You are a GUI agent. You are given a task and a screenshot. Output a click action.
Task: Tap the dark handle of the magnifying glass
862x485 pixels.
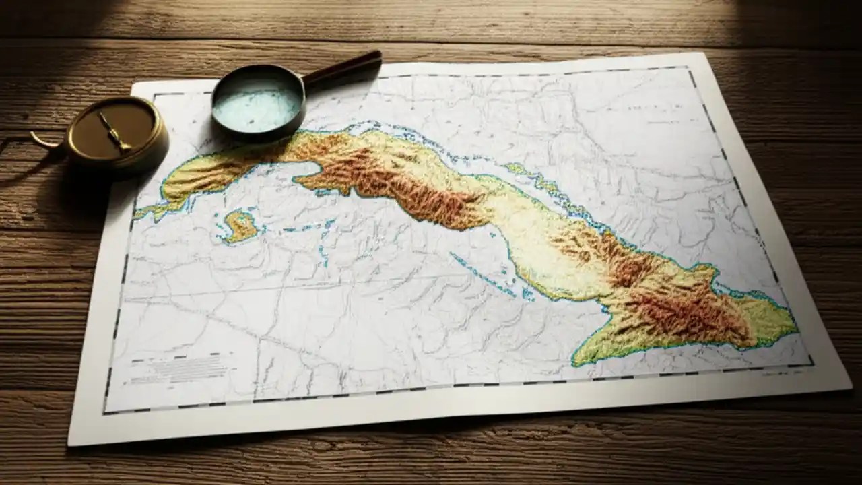(345, 68)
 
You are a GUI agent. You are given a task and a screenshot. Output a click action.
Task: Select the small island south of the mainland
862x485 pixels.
(240, 226)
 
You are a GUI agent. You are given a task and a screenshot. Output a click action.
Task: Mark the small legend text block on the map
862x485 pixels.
(178, 369)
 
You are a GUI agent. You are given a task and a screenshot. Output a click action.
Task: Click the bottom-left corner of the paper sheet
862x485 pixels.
(69, 445)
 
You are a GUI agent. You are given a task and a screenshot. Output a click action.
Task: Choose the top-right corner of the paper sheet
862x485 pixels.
(704, 54)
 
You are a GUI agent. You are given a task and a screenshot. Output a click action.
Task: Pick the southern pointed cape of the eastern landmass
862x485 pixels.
(576, 364)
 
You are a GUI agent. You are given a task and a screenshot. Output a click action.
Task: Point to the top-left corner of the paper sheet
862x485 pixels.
(133, 84)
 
